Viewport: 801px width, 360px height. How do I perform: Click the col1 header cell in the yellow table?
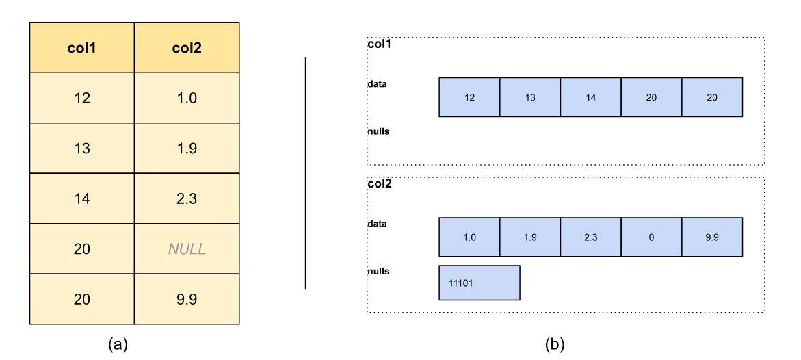(x=81, y=47)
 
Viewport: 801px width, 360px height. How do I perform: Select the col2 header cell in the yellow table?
(x=187, y=47)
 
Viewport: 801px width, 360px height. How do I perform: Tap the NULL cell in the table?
(x=187, y=249)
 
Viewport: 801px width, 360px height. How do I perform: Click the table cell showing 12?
(x=81, y=98)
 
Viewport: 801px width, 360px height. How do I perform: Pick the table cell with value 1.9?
(x=187, y=149)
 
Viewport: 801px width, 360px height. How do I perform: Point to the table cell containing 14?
(x=81, y=198)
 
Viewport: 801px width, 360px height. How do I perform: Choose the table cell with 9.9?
(x=187, y=299)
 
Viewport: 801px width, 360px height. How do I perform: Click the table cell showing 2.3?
(x=187, y=198)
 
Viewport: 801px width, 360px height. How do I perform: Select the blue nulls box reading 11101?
(x=480, y=283)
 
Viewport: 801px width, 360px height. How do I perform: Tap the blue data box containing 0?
(x=651, y=237)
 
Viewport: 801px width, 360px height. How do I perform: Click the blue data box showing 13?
(x=529, y=97)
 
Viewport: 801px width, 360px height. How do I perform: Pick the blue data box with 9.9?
(x=712, y=237)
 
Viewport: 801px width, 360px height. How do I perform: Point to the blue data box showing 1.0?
(x=469, y=237)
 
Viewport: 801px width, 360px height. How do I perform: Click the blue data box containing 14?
(x=590, y=97)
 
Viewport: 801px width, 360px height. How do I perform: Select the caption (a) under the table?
(x=118, y=345)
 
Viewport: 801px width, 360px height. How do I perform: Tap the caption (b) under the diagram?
(x=555, y=345)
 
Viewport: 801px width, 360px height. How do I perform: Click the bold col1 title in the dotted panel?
(x=379, y=44)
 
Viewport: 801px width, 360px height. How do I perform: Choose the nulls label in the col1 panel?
(x=378, y=131)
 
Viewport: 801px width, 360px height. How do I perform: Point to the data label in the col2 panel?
(x=377, y=224)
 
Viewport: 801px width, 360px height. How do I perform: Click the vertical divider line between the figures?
(x=306, y=173)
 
